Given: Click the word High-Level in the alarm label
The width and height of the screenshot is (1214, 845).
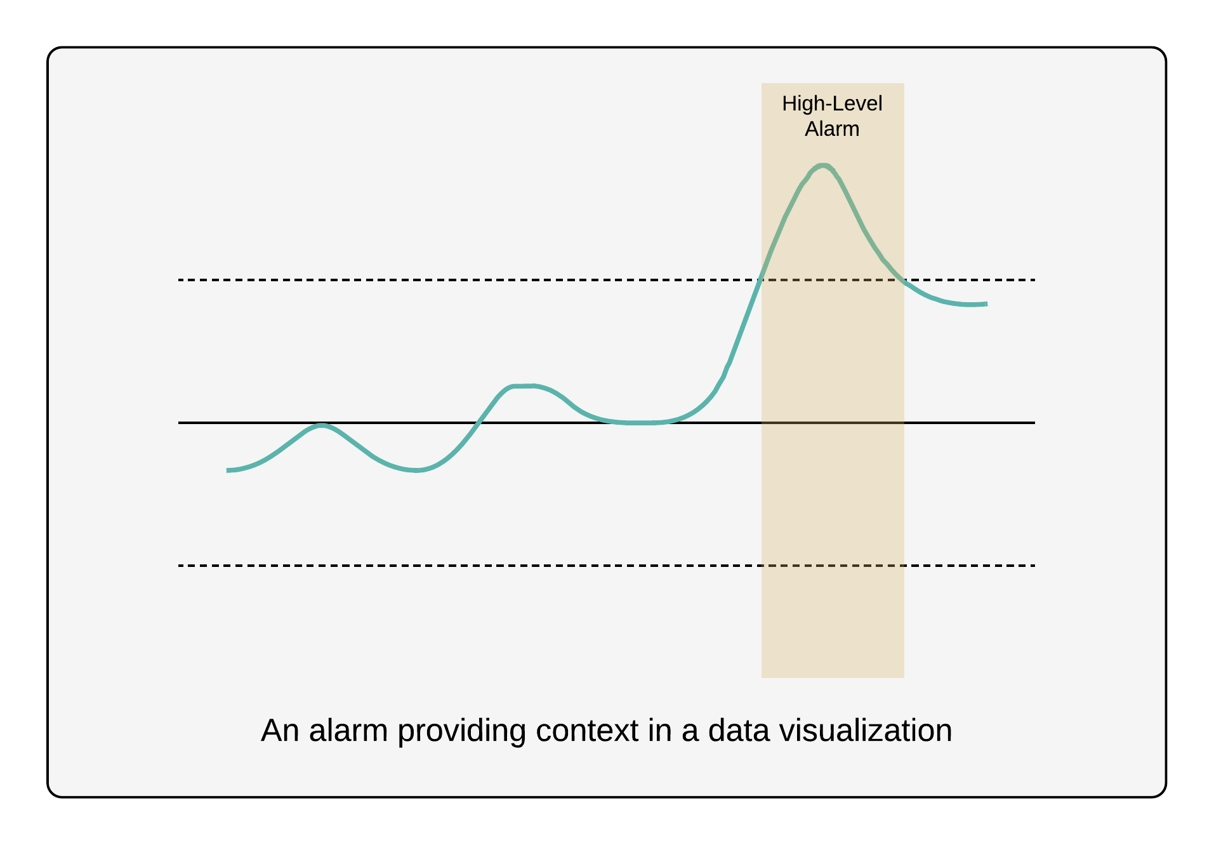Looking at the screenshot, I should click(x=831, y=103).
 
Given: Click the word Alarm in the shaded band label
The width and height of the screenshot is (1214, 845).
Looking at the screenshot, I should click(x=831, y=129).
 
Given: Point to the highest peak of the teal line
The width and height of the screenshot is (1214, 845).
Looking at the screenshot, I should click(x=822, y=166).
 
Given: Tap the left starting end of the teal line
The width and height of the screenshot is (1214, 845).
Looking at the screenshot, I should click(x=228, y=470).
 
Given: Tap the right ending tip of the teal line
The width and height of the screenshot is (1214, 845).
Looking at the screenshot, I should click(x=986, y=304).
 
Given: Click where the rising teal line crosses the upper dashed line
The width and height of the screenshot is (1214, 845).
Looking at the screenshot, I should click(x=760, y=279).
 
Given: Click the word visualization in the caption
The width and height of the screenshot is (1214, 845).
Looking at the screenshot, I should click(x=866, y=731).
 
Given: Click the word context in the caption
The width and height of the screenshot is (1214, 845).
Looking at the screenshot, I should click(x=586, y=731).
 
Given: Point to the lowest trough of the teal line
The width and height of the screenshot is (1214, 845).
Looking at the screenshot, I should click(x=416, y=470).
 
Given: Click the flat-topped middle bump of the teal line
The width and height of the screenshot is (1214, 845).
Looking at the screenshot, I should click(x=524, y=386).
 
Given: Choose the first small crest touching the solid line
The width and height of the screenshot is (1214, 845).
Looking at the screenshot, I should click(x=322, y=425).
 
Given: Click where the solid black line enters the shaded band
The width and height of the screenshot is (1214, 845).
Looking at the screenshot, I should click(x=762, y=422).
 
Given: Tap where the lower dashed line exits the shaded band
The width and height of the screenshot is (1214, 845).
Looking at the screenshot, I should click(x=904, y=565).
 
